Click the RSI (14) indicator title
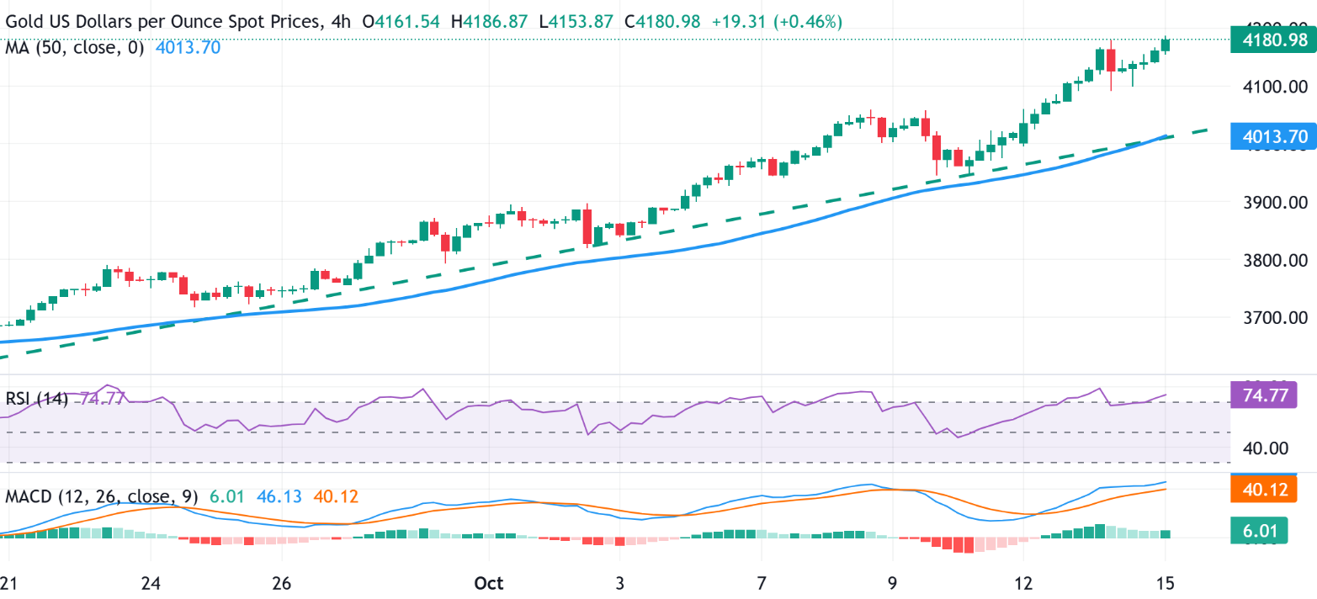click(37, 398)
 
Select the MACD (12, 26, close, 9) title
click(102, 496)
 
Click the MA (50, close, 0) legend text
click(75, 48)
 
